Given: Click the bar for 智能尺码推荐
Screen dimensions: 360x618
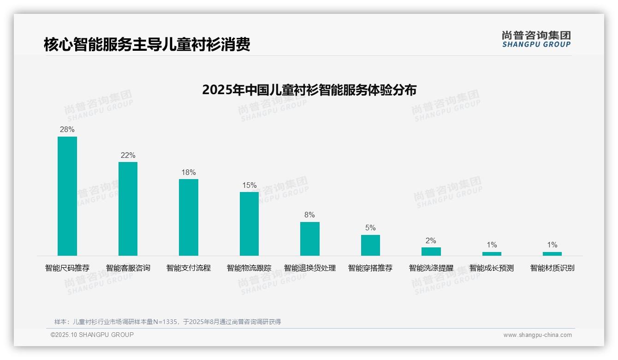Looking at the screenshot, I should [x=67, y=196].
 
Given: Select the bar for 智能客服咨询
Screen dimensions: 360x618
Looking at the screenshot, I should [x=128, y=209].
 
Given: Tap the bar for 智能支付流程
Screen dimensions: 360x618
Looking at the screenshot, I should [x=189, y=217].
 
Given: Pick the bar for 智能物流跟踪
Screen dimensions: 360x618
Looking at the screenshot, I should [x=249, y=223].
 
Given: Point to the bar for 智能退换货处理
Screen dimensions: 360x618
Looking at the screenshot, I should [x=309, y=239].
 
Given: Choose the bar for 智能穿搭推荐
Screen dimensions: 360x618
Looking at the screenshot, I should [x=370, y=245].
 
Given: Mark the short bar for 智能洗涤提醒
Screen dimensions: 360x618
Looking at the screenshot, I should [x=431, y=252].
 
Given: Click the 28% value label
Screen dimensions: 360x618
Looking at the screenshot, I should [x=67, y=130].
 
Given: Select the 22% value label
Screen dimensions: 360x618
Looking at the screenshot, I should [x=128, y=156].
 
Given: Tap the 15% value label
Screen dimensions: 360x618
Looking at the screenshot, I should [x=249, y=186].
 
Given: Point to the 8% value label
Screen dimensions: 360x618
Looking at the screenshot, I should [x=309, y=215].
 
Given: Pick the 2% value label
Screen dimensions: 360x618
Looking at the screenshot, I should [x=431, y=241].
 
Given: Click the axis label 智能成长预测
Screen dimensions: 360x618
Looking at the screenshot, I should [x=492, y=268].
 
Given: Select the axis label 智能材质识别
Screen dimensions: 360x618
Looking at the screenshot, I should [x=552, y=268].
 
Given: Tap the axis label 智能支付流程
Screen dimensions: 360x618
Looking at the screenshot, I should [x=189, y=268].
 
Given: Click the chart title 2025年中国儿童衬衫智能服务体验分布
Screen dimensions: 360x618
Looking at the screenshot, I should [x=309, y=90].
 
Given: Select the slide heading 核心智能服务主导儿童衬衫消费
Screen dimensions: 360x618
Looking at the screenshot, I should [x=147, y=45].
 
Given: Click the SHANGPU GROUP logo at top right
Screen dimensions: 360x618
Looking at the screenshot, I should [x=536, y=39].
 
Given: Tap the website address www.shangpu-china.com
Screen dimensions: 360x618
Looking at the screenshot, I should [x=537, y=335].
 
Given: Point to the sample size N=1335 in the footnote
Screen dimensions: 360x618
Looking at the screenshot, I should [x=163, y=322].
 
